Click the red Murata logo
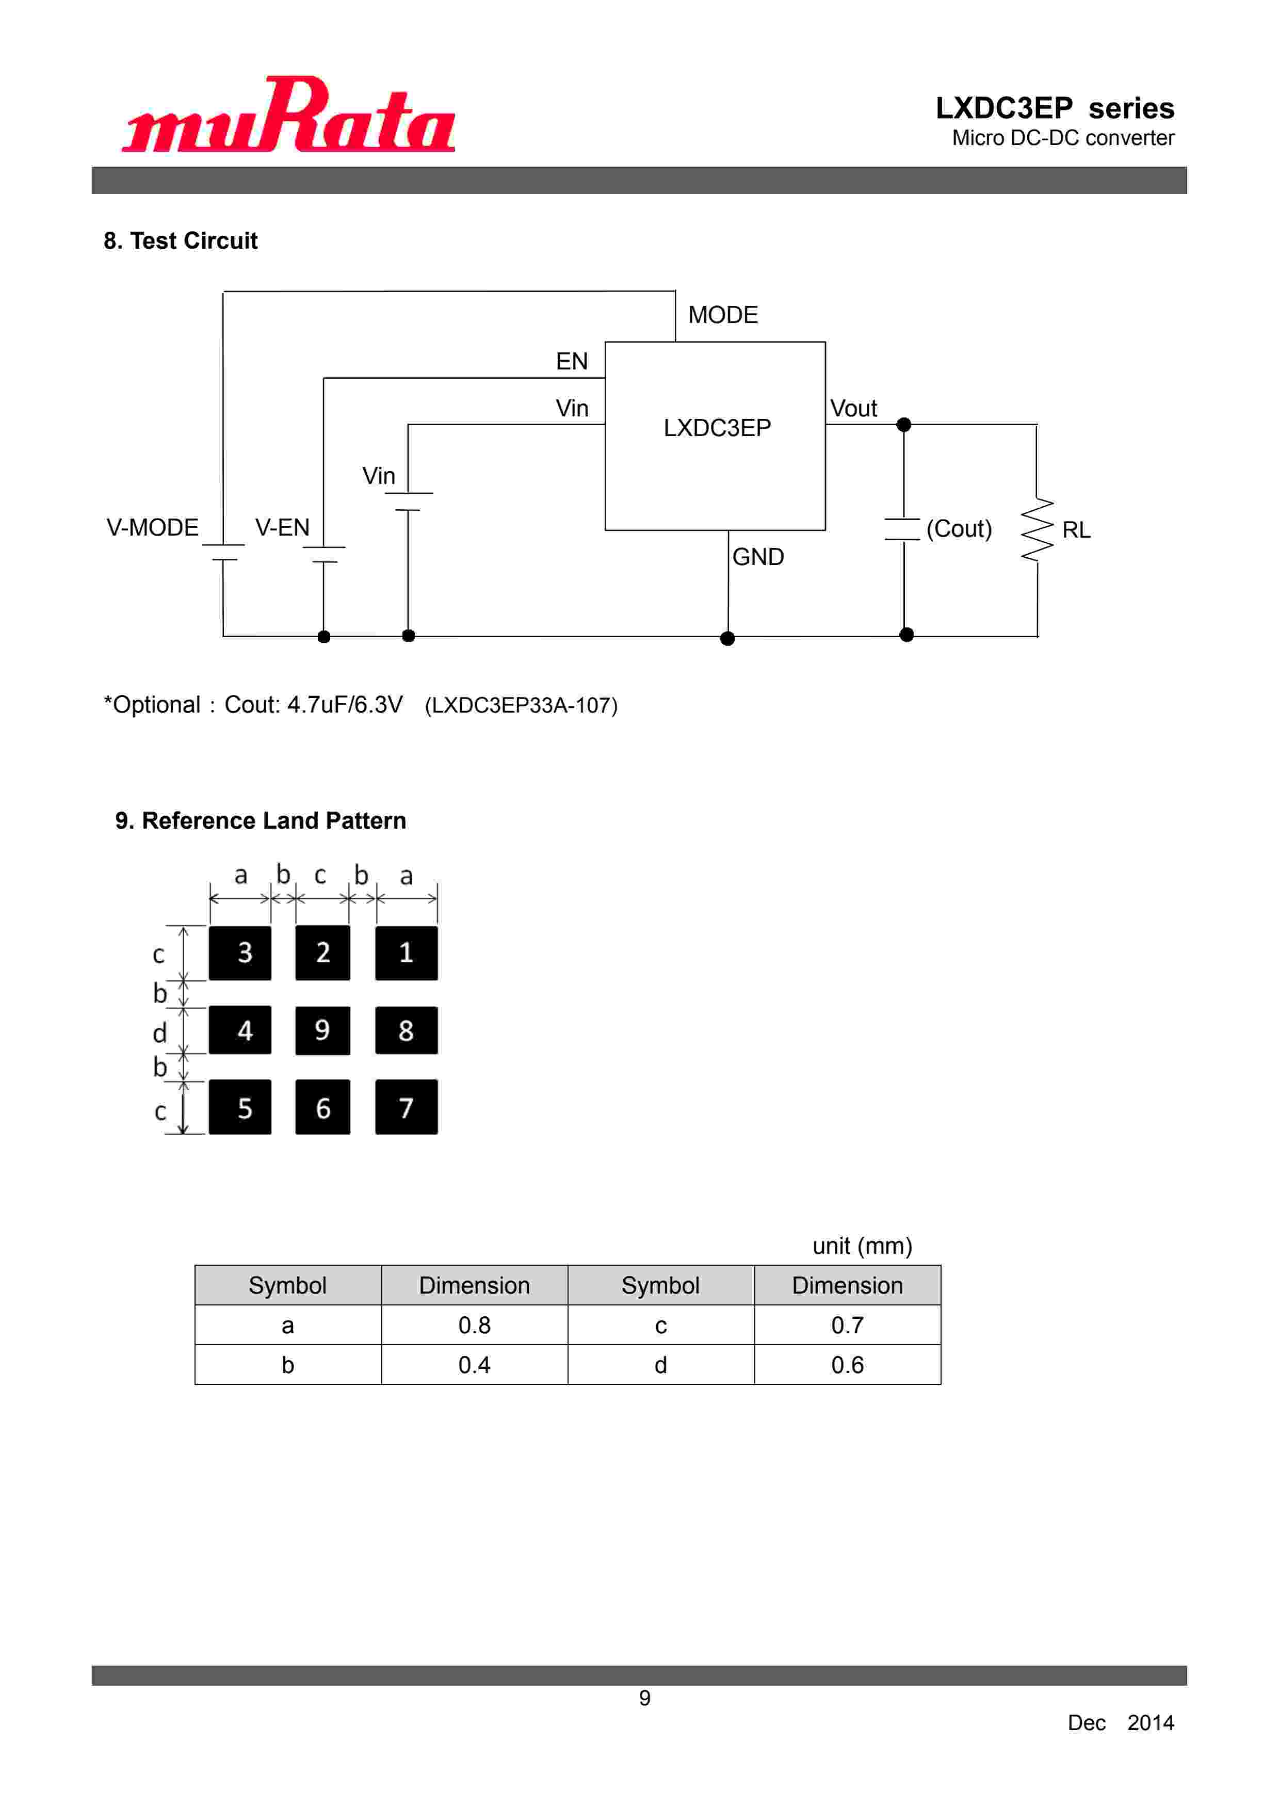coord(288,116)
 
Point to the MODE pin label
coord(722,315)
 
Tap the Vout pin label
coord(854,409)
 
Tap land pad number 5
coord(240,1107)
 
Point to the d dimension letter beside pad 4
coord(160,1032)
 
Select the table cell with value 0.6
coord(847,1365)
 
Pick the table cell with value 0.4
coord(474,1365)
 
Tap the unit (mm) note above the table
coord(862,1246)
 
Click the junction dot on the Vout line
coord(904,425)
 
